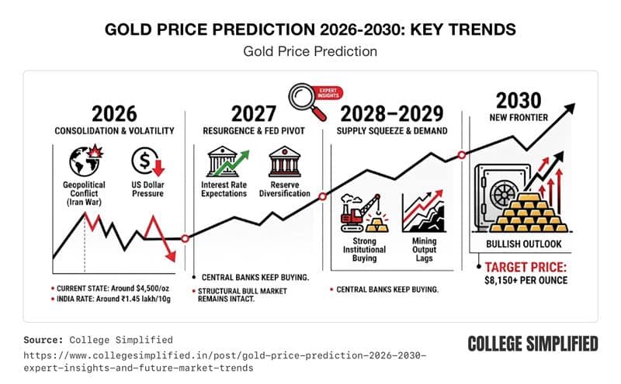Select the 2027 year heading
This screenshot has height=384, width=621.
pos(255,113)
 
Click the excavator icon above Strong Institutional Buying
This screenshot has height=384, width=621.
pos(359,213)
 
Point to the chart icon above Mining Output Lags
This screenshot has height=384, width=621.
pos(422,210)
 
